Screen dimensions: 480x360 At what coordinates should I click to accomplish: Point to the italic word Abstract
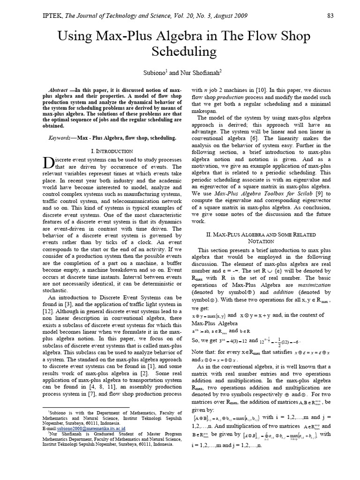click(x=59, y=90)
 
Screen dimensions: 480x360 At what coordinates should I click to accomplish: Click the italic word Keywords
click(x=63, y=138)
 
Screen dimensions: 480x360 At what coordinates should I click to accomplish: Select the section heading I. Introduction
click(x=111, y=151)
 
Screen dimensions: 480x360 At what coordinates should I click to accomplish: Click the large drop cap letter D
click(x=48, y=163)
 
